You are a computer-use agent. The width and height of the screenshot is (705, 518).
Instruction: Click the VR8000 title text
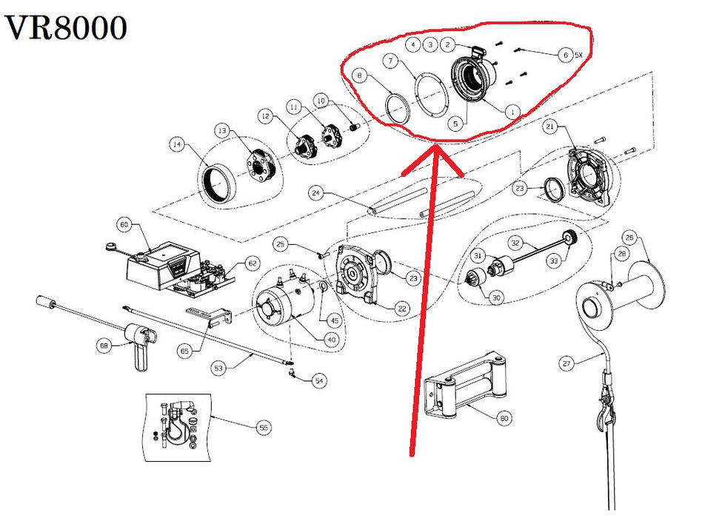66,28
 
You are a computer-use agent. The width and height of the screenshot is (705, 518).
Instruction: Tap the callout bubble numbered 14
177,144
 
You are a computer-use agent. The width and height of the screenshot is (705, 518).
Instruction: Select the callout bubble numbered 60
124,224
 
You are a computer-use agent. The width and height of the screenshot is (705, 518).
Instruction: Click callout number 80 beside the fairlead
504,418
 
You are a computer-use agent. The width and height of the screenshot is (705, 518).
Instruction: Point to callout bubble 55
264,427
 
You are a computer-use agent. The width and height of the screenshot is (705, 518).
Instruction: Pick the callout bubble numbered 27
567,363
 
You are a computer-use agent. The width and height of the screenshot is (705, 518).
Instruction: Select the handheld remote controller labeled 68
139,343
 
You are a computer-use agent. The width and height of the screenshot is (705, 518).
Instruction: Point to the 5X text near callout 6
578,55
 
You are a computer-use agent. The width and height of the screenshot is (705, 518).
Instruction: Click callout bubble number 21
550,127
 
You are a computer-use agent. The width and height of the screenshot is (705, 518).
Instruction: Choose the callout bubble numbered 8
359,75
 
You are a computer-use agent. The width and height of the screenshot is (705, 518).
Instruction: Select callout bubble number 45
335,320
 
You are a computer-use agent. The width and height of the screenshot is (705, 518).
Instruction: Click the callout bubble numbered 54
319,381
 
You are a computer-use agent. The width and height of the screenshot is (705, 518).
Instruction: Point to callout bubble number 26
629,238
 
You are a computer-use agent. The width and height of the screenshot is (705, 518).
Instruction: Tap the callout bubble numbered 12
266,117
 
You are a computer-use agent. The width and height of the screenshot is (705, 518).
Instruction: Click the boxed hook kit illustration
178,427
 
